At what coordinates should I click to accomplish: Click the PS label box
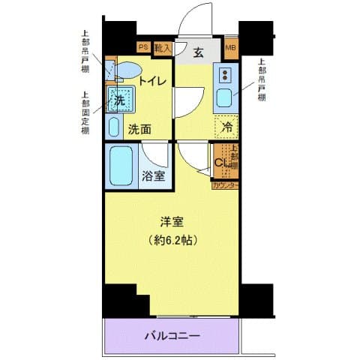143,47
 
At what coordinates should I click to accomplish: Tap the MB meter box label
230,49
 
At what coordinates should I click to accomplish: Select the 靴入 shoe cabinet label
163,47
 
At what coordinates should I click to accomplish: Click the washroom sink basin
114,125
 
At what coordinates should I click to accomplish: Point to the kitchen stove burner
225,74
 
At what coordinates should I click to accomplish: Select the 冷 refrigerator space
226,127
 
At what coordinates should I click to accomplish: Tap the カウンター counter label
225,184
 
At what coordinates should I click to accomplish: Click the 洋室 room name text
172,222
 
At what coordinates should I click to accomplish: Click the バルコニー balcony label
171,335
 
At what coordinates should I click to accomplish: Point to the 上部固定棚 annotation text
86,113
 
